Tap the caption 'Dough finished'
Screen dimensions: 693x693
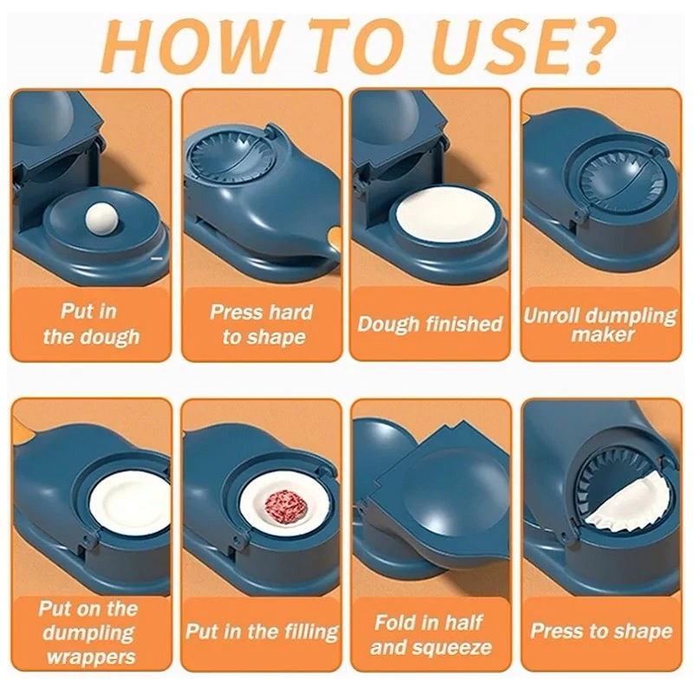point(430,323)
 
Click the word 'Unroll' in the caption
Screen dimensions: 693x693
point(553,315)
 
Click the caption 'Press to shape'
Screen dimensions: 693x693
point(601,631)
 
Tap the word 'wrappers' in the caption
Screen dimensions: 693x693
point(91,657)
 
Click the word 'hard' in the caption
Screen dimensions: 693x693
point(291,312)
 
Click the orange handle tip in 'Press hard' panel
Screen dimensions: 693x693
point(334,235)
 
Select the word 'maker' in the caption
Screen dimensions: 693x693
point(602,334)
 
